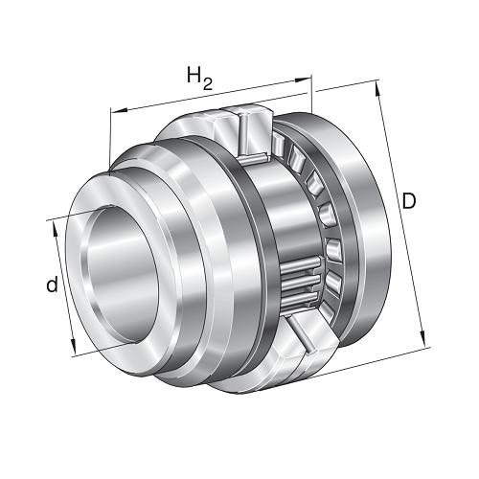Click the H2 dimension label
coord(199,79)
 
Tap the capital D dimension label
coord(409,201)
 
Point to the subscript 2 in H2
coord(207,83)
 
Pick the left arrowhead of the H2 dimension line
coord(118,111)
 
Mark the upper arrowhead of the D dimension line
coord(377,88)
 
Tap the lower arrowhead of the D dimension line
coord(422,339)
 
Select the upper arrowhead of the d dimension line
coord(55,228)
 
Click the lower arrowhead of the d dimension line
coord(73,346)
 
